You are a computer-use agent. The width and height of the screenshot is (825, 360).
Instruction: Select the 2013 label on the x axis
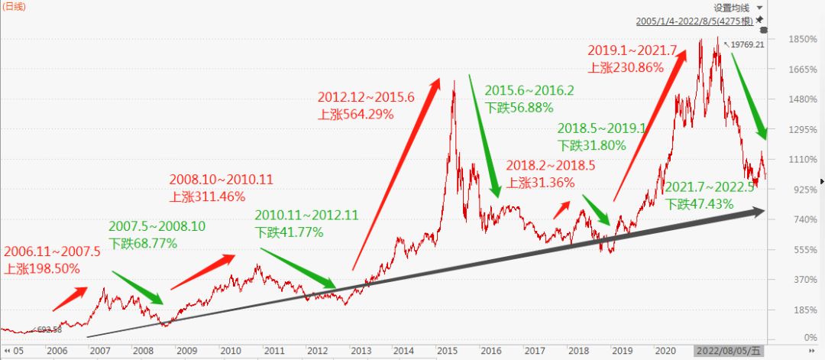click(363, 350)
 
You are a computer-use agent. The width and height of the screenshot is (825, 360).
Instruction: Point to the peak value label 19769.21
click(747, 45)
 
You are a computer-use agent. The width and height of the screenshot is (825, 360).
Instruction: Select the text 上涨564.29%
click(356, 115)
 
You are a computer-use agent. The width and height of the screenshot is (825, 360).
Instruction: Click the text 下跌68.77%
click(143, 244)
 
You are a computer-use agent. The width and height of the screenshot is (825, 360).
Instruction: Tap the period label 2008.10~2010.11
click(221, 180)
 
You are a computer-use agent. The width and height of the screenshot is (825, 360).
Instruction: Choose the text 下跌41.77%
click(290, 233)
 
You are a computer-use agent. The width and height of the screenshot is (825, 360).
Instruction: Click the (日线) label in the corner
click(15, 7)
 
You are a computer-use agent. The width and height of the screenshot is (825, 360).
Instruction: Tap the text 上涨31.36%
click(543, 182)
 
